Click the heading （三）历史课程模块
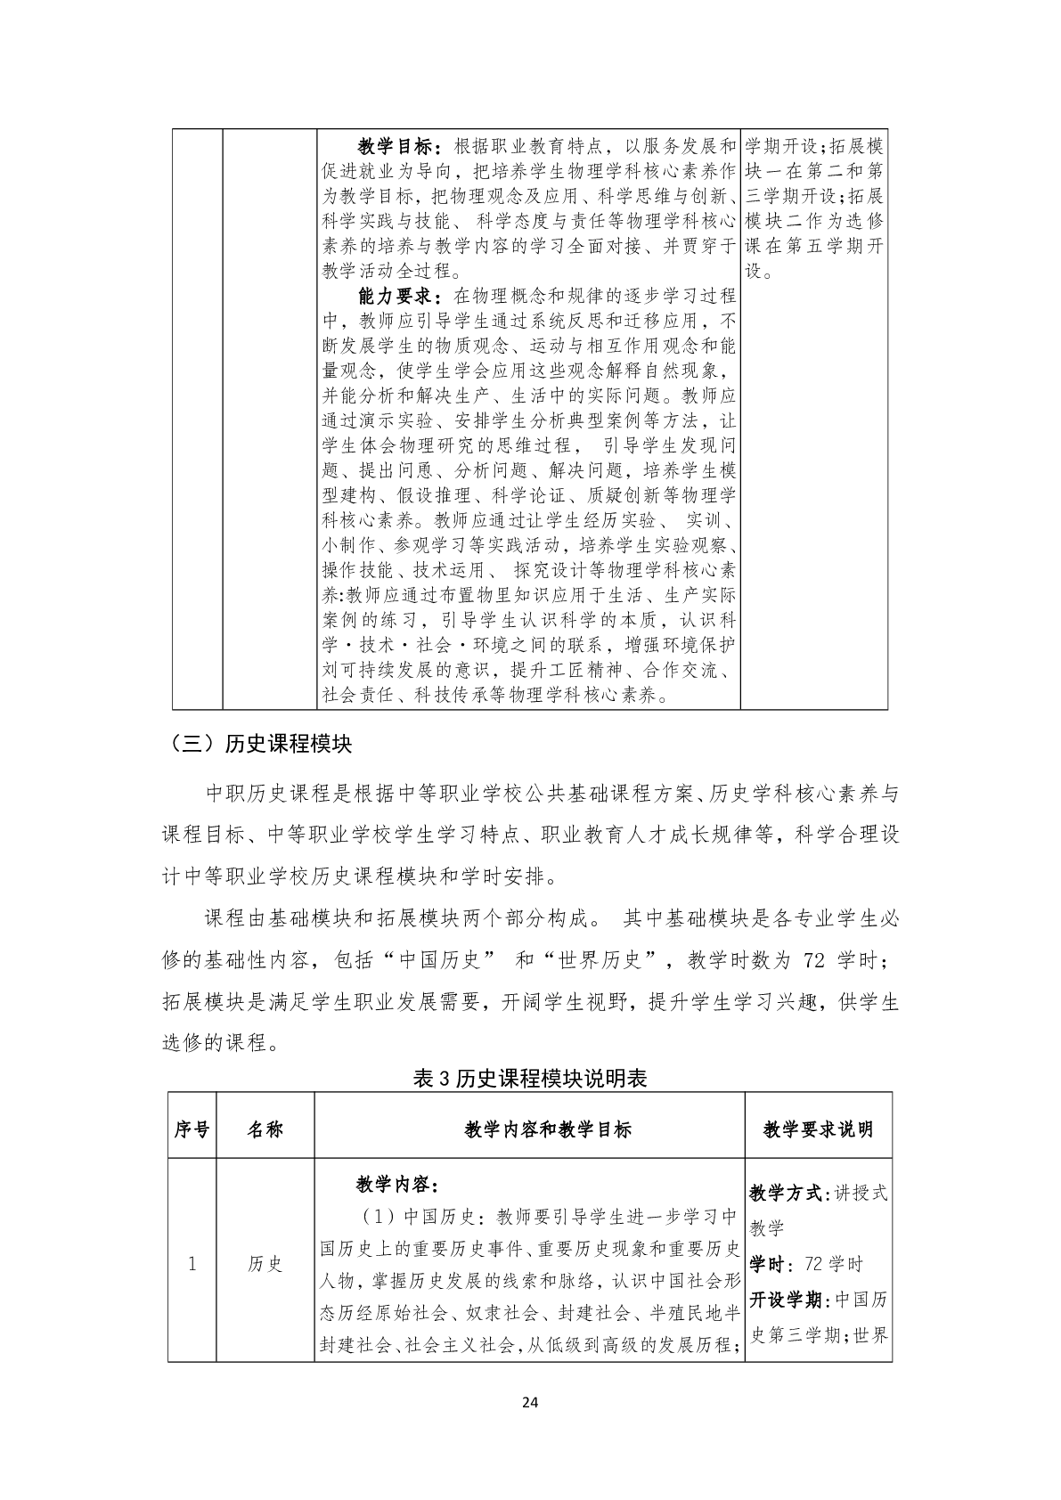pyautogui.click(x=257, y=745)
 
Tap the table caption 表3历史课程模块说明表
pyautogui.click(x=530, y=1079)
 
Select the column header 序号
pyautogui.click(x=192, y=1129)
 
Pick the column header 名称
pyautogui.click(x=265, y=1129)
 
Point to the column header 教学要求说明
pyautogui.click(x=818, y=1129)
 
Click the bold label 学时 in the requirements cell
pyautogui.click(x=767, y=1264)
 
